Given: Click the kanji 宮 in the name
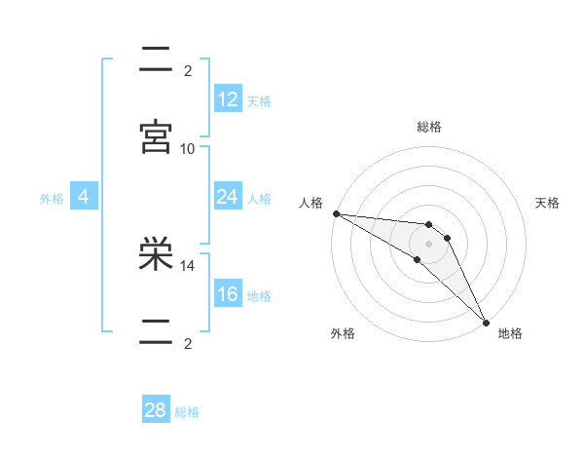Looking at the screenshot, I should [156, 137].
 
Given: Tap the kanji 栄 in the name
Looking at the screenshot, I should [156, 256].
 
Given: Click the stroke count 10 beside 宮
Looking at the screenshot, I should [188, 148].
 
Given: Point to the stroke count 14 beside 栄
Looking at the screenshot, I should [188, 264].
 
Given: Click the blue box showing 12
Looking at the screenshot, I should [228, 99].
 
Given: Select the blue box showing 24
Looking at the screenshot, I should [228, 197].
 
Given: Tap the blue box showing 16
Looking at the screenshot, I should [228, 294].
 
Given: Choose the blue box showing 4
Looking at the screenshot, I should [84, 197].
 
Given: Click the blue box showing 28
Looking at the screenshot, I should [156, 410].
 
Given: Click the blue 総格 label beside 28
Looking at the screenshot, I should [187, 412].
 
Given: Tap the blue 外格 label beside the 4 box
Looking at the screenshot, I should [52, 199].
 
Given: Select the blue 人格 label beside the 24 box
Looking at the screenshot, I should [259, 199].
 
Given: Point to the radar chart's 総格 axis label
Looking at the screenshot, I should [428, 127].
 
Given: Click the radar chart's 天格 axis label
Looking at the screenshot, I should [547, 203].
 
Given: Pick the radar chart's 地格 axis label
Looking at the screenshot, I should [510, 333].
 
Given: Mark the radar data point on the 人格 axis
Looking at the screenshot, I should [336, 213].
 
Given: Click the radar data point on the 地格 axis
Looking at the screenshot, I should [486, 321].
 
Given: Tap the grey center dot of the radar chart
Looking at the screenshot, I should [428, 244].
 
